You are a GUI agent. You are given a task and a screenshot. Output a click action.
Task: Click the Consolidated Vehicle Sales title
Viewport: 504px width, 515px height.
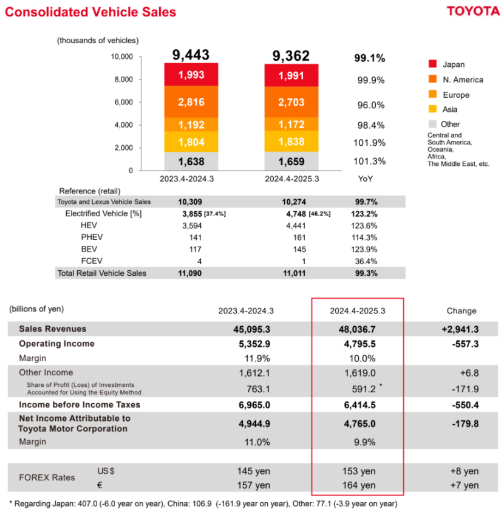tap(90, 12)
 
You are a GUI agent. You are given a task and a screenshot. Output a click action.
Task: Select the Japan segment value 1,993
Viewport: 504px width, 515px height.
tap(191, 75)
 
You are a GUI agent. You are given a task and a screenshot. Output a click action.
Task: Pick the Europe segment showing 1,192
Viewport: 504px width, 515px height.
tap(191, 124)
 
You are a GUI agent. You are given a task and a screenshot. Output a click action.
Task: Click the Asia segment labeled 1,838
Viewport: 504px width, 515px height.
tap(291, 141)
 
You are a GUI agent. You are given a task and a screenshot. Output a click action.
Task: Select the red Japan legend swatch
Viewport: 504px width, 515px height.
tap(432, 64)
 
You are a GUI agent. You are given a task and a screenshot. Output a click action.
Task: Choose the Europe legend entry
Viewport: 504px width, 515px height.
tap(455, 95)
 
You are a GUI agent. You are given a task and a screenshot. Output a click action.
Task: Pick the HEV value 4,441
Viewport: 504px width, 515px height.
tap(295, 225)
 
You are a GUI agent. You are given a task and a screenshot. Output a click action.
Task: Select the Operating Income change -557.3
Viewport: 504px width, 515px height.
tap(461, 344)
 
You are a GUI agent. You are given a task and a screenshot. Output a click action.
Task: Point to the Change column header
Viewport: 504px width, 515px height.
tap(461, 310)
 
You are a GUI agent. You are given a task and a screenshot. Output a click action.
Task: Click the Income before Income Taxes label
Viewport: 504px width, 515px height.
tap(80, 404)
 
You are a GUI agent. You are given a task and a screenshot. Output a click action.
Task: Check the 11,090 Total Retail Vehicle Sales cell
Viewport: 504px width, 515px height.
tap(190, 273)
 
